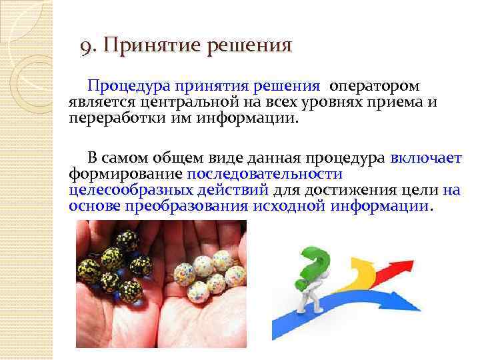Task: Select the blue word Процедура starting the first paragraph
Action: point(129,87)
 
